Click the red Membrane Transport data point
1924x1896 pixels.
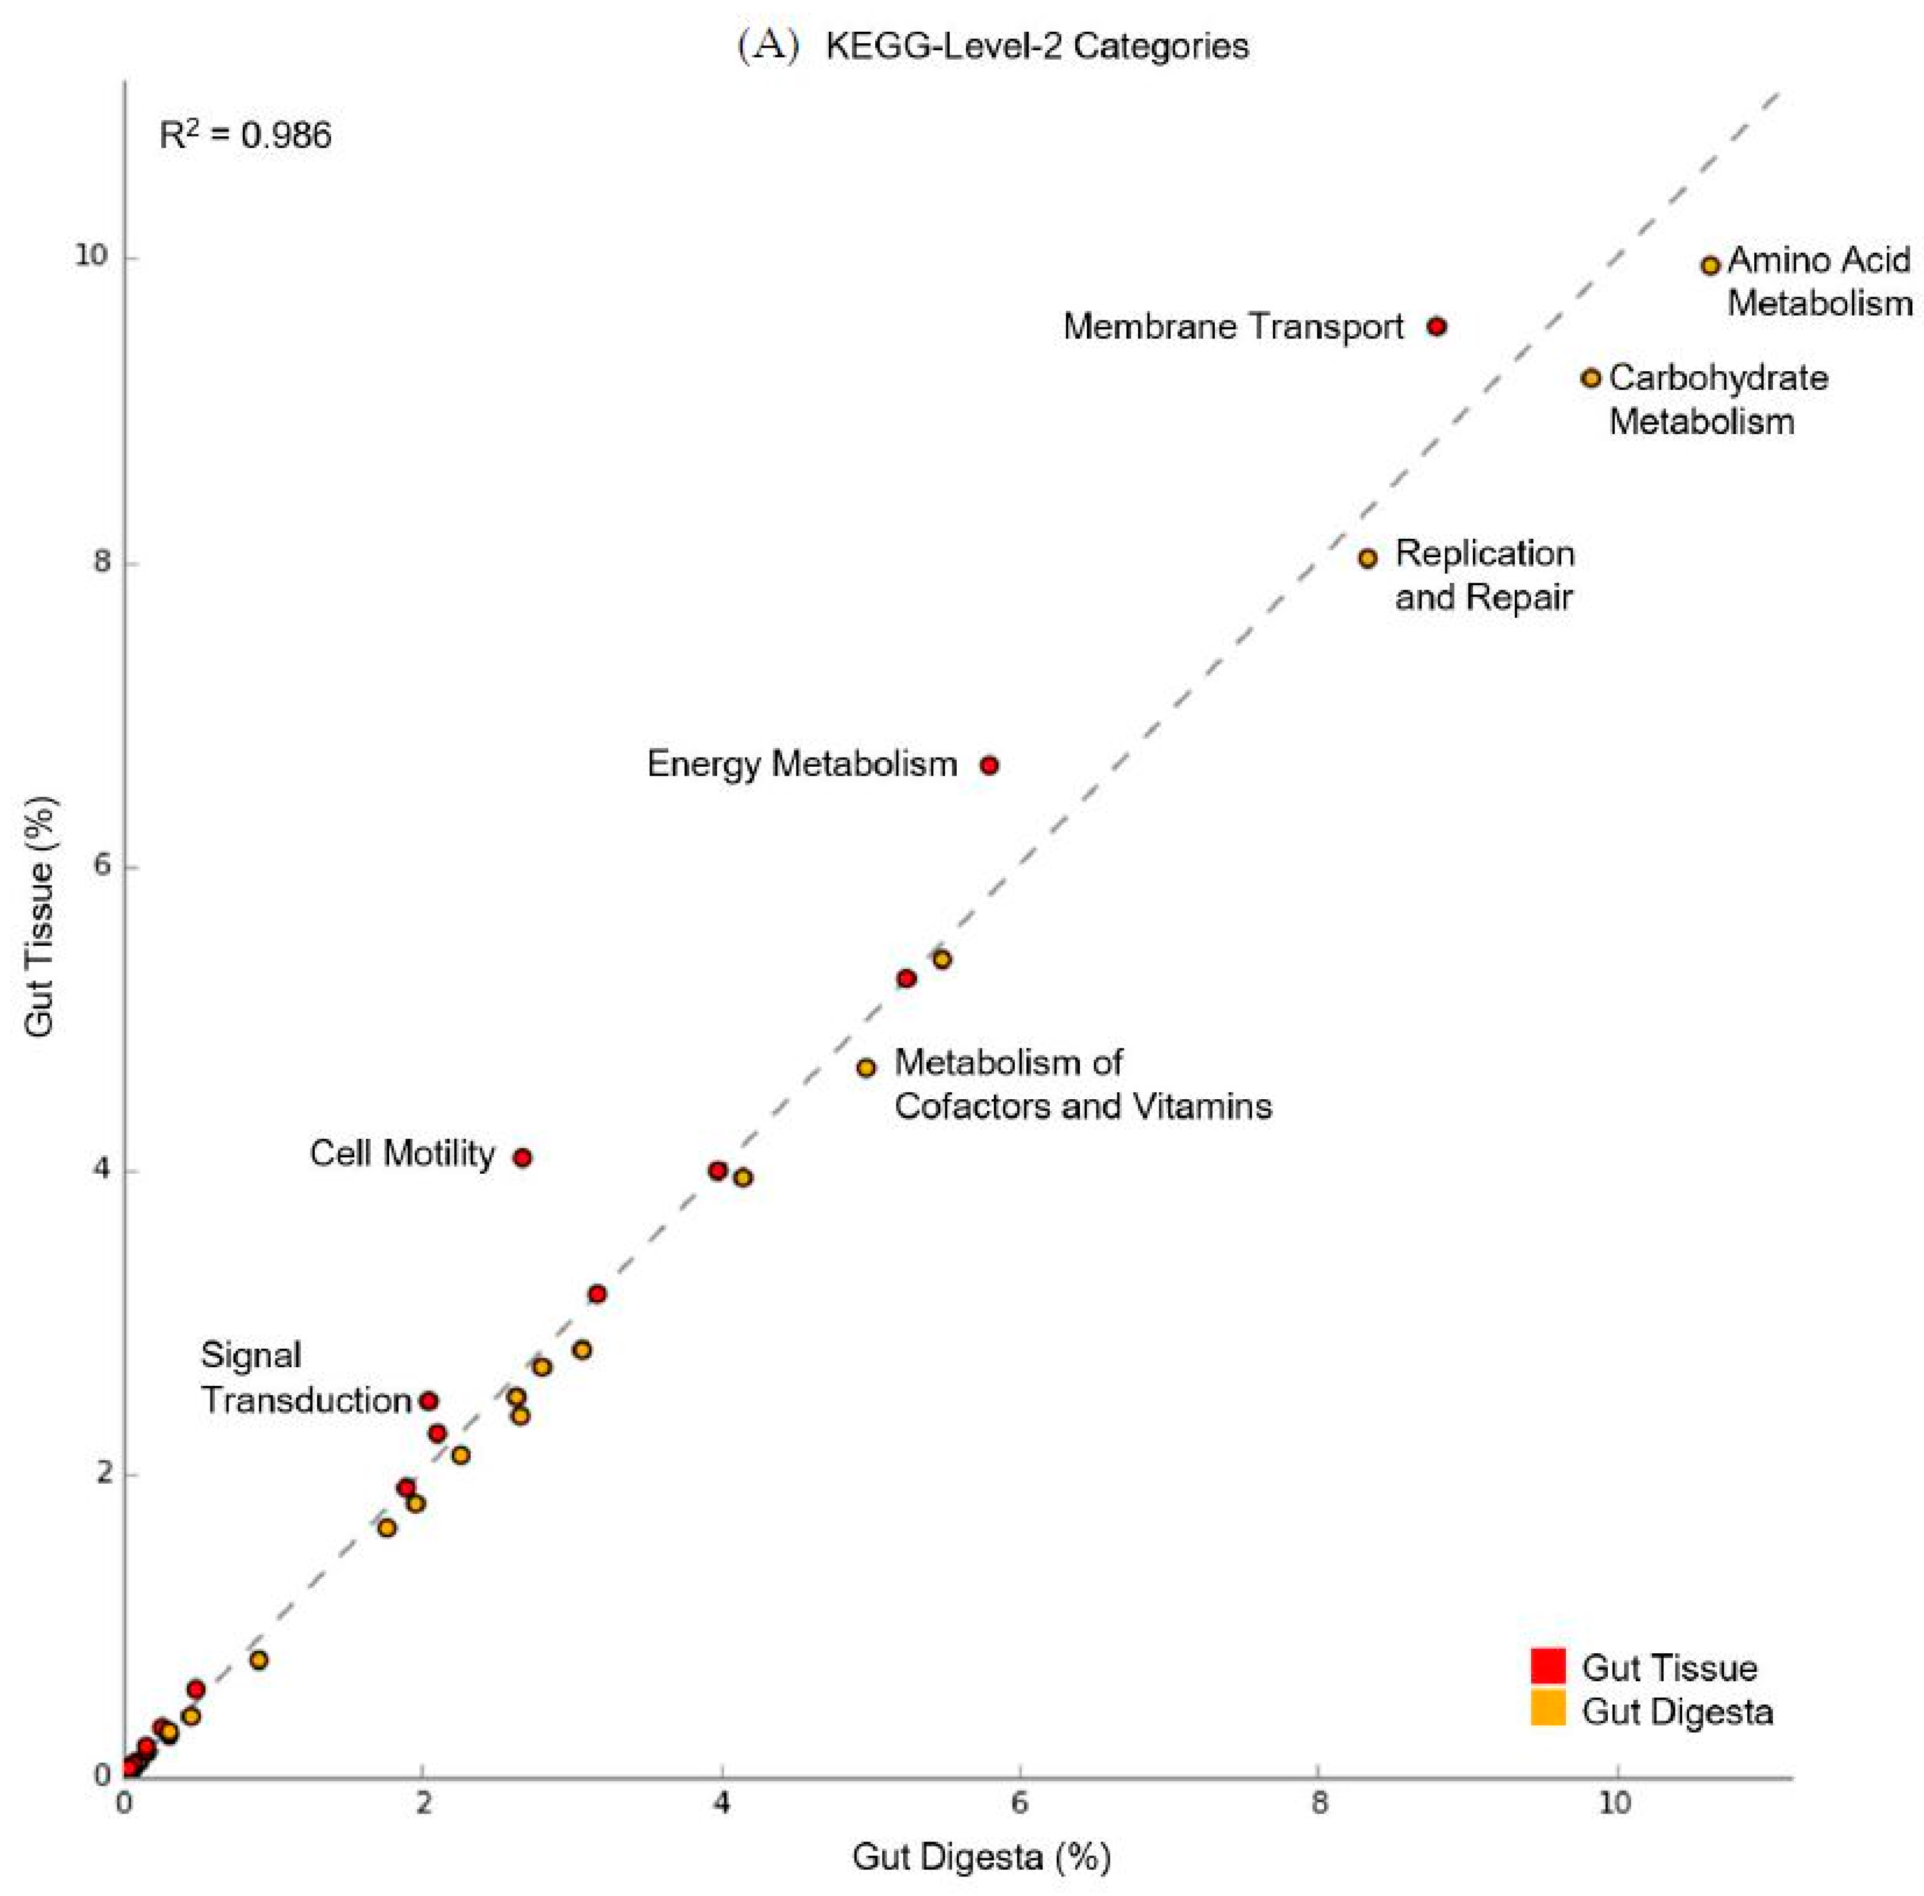pyautogui.click(x=1436, y=327)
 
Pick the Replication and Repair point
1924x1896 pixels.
pyautogui.click(x=1368, y=559)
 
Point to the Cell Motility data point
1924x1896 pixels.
pyautogui.click(x=522, y=1157)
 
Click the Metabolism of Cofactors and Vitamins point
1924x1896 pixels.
pyautogui.click(x=866, y=1067)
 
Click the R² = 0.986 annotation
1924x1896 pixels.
pyautogui.click(x=245, y=135)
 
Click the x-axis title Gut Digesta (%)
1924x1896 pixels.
pyautogui.click(x=981, y=1857)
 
